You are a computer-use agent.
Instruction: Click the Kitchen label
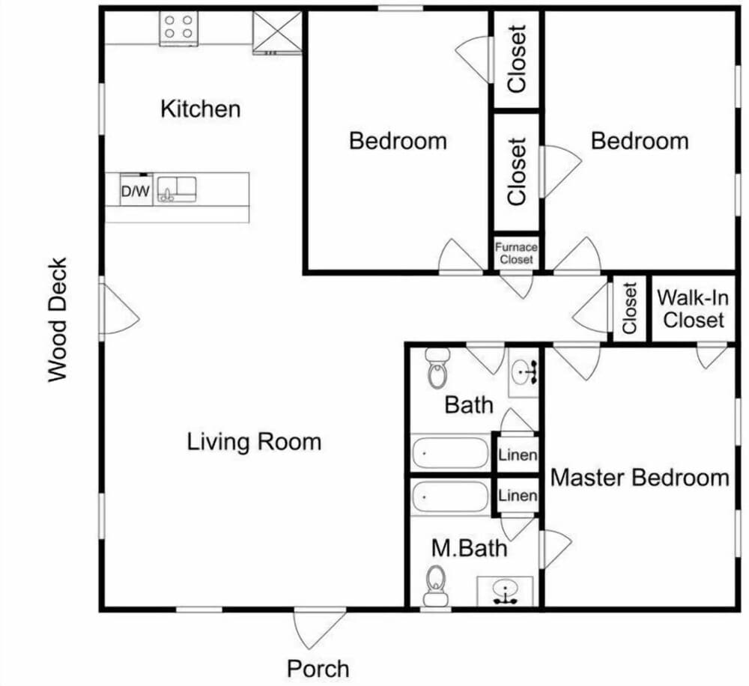click(200, 109)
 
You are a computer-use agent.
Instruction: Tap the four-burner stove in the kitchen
click(179, 28)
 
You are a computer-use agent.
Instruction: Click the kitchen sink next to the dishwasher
click(177, 189)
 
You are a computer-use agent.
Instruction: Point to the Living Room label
click(254, 441)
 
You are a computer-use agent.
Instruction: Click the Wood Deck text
click(58, 320)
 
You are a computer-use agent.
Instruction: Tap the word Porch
click(318, 668)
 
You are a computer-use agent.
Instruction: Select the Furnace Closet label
click(516, 253)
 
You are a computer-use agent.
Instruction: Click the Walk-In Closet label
click(693, 309)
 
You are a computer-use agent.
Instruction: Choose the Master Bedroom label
click(640, 478)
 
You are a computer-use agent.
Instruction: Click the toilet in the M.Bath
click(435, 586)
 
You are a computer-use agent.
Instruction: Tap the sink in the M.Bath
click(505, 591)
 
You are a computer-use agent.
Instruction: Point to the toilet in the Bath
click(437, 368)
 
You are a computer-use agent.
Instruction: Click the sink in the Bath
click(524, 372)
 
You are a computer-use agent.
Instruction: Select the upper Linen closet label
click(518, 455)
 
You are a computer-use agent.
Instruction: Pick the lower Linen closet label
click(518, 495)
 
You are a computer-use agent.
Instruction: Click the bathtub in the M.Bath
click(450, 497)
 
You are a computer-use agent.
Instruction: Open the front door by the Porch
click(319, 628)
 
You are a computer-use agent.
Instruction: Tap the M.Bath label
click(469, 548)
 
